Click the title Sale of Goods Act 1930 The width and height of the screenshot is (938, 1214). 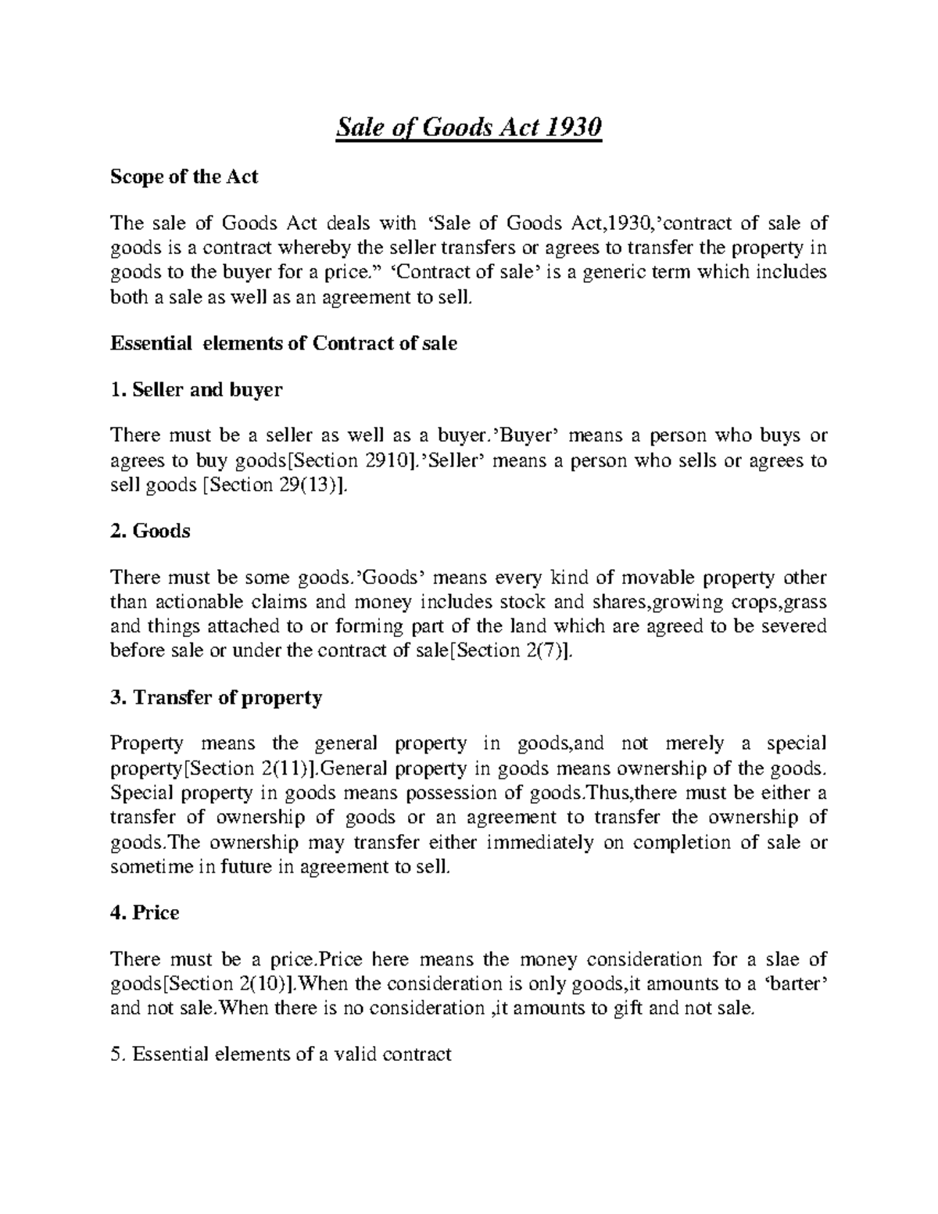[x=469, y=127]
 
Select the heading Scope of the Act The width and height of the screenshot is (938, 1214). [x=184, y=177]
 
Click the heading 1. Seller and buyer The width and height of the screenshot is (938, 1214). [x=196, y=389]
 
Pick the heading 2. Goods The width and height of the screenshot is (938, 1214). [x=150, y=532]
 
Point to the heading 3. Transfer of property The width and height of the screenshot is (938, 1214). [x=217, y=697]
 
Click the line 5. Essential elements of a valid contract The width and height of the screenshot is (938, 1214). [x=281, y=1055]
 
